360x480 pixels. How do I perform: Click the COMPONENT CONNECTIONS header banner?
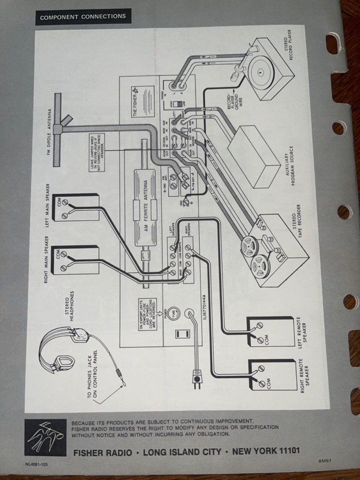tap(83, 16)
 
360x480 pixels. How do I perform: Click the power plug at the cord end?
tap(197, 378)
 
